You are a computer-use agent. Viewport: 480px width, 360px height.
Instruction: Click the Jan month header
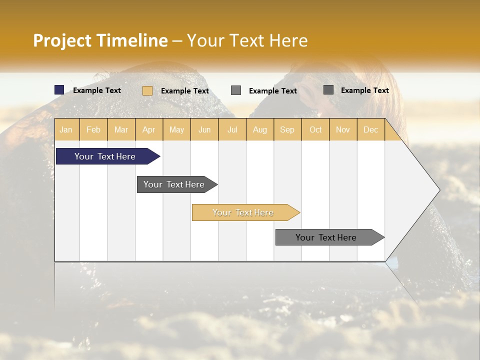pyautogui.click(x=66, y=129)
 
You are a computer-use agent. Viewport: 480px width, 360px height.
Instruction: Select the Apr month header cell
pyautogui.click(x=149, y=129)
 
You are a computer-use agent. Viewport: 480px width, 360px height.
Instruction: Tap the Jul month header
pyautogui.click(x=232, y=129)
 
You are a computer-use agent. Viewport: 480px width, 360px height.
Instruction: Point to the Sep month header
pyautogui.click(x=287, y=129)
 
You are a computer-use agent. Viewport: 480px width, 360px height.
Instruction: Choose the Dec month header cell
pyautogui.click(x=370, y=129)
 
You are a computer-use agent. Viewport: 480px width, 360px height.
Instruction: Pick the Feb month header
pyautogui.click(x=93, y=129)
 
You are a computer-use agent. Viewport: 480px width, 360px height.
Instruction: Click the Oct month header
pyautogui.click(x=315, y=129)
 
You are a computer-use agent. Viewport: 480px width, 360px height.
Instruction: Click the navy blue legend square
pyautogui.click(x=59, y=90)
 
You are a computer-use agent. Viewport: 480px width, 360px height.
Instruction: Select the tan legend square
pyautogui.click(x=147, y=90)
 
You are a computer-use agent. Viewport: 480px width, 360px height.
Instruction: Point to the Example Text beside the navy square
pyautogui.click(x=97, y=90)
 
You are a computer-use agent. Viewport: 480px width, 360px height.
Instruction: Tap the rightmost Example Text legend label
pyautogui.click(x=365, y=90)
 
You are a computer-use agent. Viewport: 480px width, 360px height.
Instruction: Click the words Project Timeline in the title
pyautogui.click(x=100, y=40)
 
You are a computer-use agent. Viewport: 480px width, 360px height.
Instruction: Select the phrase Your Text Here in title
pyautogui.click(x=247, y=40)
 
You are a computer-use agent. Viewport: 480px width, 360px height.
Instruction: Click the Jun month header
pyautogui.click(x=204, y=129)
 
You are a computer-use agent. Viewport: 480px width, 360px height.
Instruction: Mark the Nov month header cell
pyautogui.click(x=343, y=129)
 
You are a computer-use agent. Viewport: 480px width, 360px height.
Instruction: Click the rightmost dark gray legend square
pyautogui.click(x=328, y=90)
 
